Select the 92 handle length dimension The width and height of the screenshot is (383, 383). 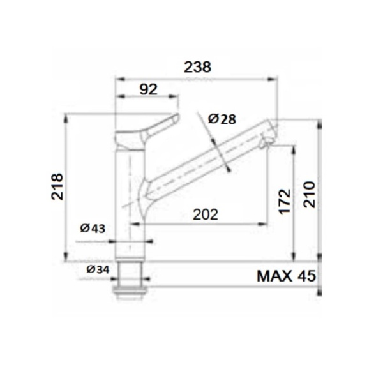(x=147, y=89)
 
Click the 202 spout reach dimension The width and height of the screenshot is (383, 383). (x=204, y=214)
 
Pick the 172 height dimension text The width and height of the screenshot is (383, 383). (x=285, y=200)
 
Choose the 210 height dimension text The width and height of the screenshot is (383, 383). (x=309, y=193)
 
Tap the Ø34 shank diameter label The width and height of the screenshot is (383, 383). (x=98, y=269)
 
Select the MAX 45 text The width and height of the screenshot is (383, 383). (x=287, y=276)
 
